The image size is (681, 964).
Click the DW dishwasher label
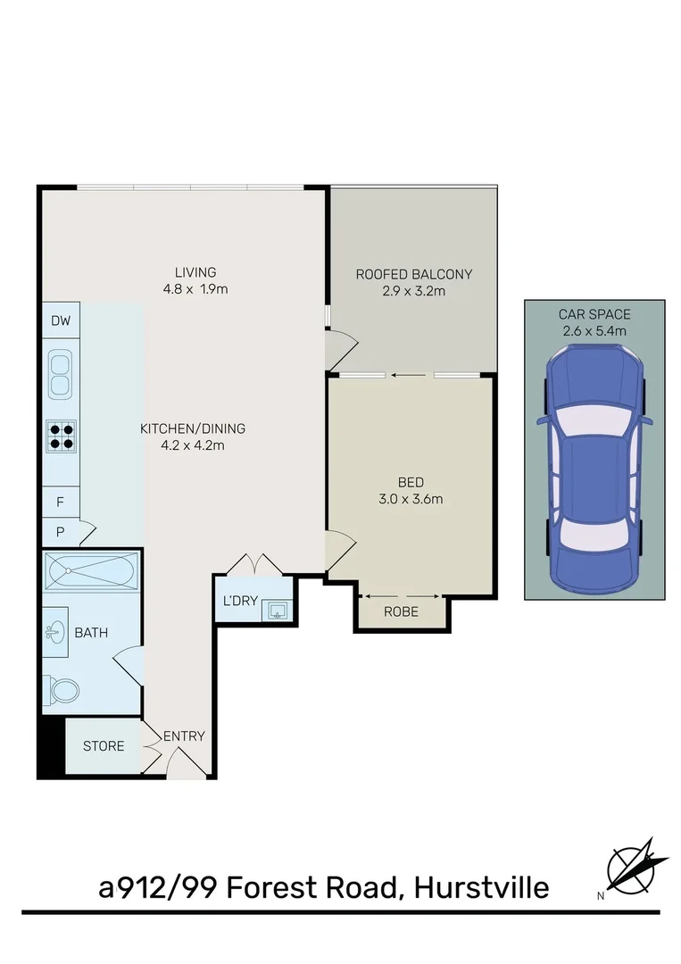tap(60, 321)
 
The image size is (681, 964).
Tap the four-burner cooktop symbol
tap(61, 436)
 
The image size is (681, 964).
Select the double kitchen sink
tap(61, 374)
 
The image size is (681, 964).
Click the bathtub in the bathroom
tap(90, 569)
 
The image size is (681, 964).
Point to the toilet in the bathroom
tap(63, 688)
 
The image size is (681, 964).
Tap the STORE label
tap(104, 745)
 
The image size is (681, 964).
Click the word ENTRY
tap(184, 736)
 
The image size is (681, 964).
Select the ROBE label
tap(401, 612)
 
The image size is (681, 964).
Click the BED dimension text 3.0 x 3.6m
tap(411, 499)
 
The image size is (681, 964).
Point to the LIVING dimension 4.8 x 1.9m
tap(195, 289)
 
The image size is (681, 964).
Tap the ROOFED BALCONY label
tap(413, 274)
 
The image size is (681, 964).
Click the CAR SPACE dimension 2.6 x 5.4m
tap(594, 330)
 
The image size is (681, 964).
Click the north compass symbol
tap(637, 867)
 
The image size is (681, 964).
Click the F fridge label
tap(60, 502)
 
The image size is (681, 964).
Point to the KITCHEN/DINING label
tap(192, 428)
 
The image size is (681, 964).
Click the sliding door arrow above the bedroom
tap(411, 376)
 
